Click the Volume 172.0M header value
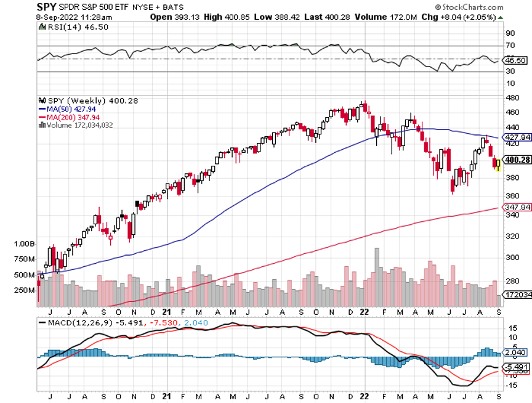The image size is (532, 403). [x=353, y=17]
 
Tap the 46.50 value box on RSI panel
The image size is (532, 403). [x=515, y=60]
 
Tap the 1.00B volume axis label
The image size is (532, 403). [x=23, y=244]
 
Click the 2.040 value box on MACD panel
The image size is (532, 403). [x=515, y=352]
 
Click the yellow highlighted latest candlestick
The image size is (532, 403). [x=498, y=165]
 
